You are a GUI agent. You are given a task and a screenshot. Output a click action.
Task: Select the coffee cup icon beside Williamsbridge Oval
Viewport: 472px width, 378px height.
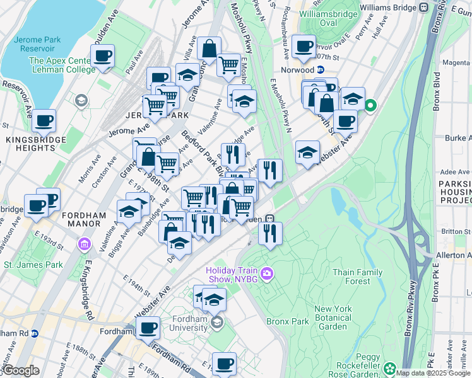point(304,46)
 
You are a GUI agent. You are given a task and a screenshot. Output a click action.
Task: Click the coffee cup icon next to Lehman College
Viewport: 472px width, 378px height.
point(102,56)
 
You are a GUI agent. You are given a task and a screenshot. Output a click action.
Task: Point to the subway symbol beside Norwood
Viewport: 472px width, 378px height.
point(321,70)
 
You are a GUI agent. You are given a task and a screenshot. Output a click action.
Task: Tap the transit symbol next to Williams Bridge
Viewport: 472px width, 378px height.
point(424,8)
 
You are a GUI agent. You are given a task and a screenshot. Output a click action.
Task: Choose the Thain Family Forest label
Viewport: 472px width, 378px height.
point(357,277)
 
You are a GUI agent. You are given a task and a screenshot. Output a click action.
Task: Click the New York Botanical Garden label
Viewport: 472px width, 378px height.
point(333,318)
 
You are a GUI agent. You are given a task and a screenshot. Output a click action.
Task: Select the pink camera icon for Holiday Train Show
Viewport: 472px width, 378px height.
point(267,273)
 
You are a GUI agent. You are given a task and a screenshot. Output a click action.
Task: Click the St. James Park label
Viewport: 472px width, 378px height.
point(33,265)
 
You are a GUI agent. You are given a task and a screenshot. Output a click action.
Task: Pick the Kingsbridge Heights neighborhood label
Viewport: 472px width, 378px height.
point(32,144)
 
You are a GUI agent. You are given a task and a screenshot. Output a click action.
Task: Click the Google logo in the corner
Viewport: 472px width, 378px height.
point(20,370)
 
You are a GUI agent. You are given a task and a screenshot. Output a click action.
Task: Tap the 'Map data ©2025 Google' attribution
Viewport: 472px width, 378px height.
point(432,373)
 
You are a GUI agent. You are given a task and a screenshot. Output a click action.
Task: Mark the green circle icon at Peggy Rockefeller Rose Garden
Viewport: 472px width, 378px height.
point(390,368)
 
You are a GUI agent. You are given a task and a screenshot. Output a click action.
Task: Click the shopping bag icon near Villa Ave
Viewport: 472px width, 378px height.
point(208,49)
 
